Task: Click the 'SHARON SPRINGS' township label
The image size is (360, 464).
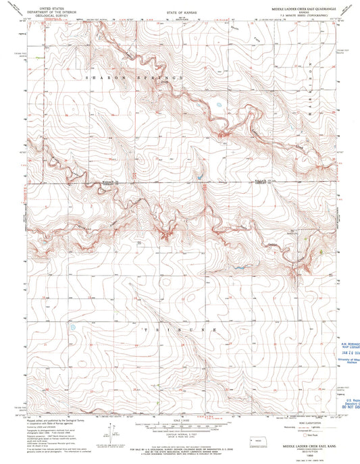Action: pos(134,79)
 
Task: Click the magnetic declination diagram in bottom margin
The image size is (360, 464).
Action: pos(108,433)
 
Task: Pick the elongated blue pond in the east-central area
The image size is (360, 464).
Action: pos(237,269)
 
